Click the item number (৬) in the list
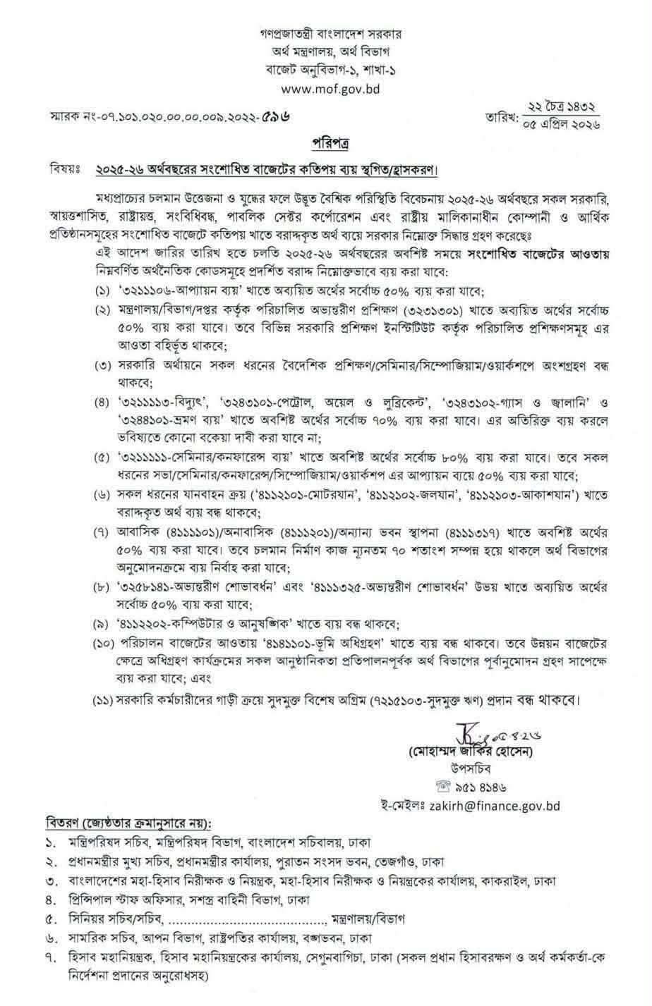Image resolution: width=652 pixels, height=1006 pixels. [x=104, y=495]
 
